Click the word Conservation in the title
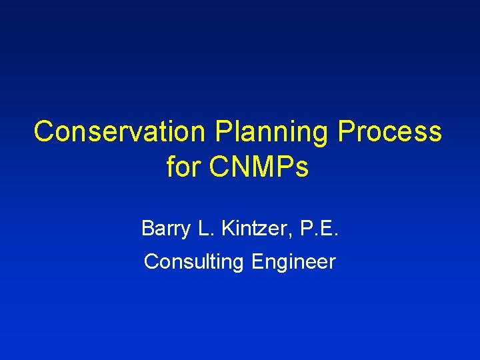point(121,132)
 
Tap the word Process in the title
point(390,132)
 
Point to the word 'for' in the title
point(183,167)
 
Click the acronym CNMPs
point(259,167)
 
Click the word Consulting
point(194,262)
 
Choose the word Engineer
point(293,262)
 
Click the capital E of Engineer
point(257,262)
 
